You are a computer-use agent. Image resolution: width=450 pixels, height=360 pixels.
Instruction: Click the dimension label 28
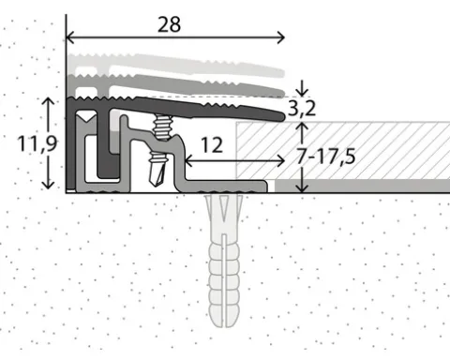point(169,24)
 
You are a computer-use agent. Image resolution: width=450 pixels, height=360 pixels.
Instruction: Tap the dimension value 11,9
point(37,143)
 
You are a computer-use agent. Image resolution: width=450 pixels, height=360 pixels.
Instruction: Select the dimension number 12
point(212,144)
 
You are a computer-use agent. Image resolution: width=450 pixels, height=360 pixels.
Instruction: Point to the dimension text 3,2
point(301,109)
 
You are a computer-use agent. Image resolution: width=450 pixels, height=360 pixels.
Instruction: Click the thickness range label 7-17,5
point(325,156)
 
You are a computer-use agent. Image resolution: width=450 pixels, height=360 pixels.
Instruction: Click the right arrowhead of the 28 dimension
point(281,37)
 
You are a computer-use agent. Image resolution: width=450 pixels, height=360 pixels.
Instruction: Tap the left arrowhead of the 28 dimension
point(70,37)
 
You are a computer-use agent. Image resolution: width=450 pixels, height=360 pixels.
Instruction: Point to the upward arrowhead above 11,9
point(48,101)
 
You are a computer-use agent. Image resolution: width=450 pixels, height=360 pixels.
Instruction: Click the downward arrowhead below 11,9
point(48,185)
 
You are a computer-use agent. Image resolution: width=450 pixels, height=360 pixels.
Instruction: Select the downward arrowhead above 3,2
point(302,93)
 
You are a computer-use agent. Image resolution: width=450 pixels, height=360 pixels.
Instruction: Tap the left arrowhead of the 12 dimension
point(188,161)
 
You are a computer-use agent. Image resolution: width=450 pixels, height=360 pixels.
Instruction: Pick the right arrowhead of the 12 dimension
point(280,161)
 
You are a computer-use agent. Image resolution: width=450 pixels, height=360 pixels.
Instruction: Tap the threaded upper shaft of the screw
point(162,127)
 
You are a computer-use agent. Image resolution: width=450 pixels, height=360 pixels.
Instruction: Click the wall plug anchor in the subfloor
point(224,261)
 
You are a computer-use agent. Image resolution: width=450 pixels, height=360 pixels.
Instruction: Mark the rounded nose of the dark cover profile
point(281,116)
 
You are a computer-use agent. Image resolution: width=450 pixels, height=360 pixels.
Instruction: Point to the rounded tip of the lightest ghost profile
point(281,73)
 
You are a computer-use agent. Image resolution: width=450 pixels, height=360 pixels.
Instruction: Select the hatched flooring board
point(343,151)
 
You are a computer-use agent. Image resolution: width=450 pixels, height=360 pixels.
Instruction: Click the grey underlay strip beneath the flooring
point(363,186)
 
